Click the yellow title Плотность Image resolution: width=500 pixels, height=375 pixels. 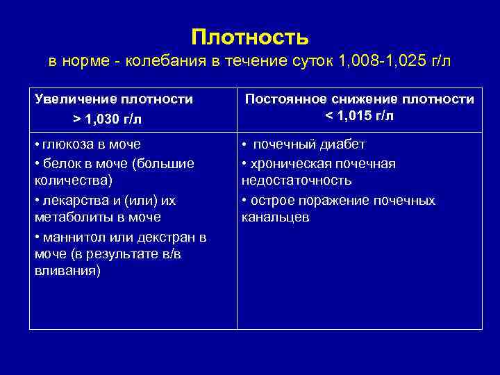pos(250,36)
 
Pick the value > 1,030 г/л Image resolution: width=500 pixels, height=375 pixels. pos(107,119)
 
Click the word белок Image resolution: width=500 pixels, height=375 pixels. pos(60,162)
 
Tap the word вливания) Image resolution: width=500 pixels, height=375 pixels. pos(67,271)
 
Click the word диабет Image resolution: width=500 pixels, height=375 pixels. pos(340,144)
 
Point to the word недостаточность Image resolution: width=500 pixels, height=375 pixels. pos(297,181)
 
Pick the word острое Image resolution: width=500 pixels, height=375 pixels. pos(274,201)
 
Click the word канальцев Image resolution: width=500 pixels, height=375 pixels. pos(276,217)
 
